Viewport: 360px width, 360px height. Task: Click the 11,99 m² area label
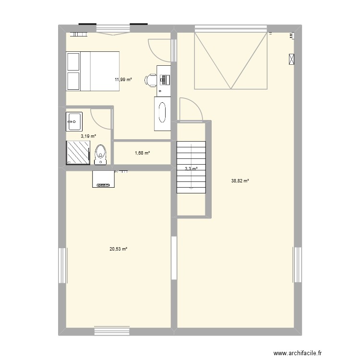(123, 80)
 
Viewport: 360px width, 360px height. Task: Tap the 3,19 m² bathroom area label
(88, 136)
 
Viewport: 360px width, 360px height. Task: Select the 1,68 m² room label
(142, 153)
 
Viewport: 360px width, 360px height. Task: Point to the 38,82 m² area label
(240, 181)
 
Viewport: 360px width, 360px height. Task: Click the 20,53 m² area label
(118, 249)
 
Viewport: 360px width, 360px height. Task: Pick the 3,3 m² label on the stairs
(191, 168)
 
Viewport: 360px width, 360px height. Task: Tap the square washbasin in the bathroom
(74, 121)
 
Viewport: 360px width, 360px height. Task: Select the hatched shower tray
(78, 153)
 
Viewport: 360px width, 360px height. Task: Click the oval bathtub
(162, 113)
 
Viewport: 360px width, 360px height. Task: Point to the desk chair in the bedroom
(151, 80)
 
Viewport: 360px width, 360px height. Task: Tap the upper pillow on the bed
(73, 62)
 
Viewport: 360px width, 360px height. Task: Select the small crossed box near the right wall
(292, 59)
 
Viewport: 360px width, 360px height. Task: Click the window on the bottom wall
(112, 331)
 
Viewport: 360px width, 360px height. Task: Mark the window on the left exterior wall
(62, 265)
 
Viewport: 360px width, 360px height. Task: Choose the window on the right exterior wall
(297, 265)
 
